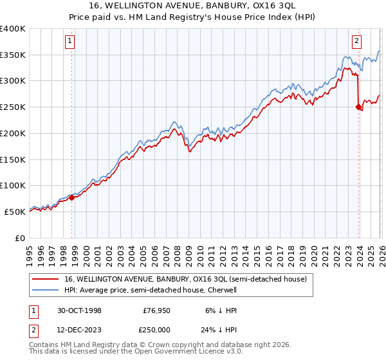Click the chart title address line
point(192,6)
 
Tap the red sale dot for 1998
point(72,197)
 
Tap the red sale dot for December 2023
point(358,107)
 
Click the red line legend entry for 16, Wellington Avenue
point(186,279)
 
